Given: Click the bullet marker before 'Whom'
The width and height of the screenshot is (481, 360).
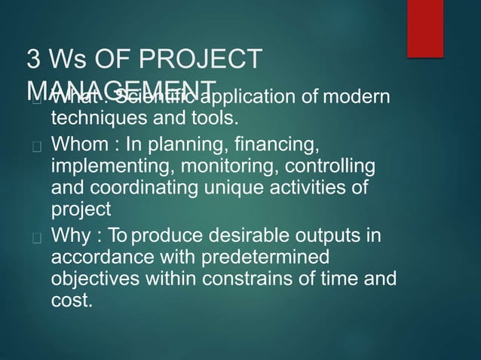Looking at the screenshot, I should pyautogui.click(x=35, y=144).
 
